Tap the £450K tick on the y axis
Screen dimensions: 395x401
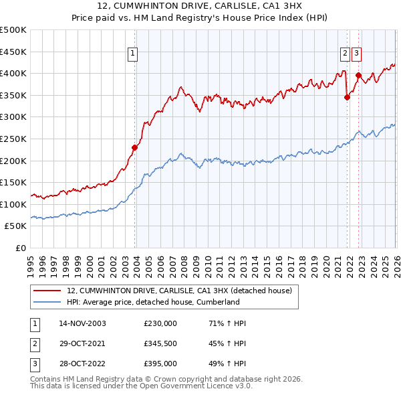click(x=13, y=52)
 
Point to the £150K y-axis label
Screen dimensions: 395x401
click(x=13, y=183)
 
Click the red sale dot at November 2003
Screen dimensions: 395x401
click(x=135, y=147)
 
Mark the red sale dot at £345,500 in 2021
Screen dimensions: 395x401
click(x=347, y=97)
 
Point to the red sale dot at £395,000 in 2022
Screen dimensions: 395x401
click(x=359, y=75)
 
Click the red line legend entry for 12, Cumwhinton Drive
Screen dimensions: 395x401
click(x=179, y=291)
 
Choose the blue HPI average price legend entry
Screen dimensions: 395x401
click(x=153, y=303)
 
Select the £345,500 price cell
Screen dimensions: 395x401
click(x=160, y=343)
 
